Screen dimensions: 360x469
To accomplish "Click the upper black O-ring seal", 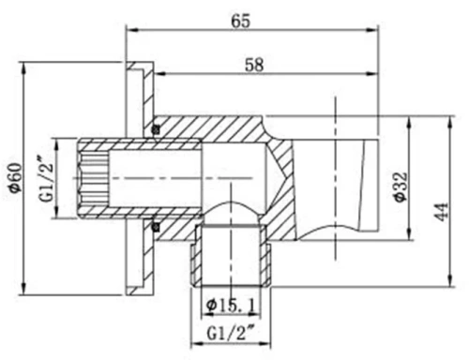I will tap(156, 127).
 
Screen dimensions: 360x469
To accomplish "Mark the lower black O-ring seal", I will tap(156, 225).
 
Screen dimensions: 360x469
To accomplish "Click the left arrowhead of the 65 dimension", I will tap(131, 33).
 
